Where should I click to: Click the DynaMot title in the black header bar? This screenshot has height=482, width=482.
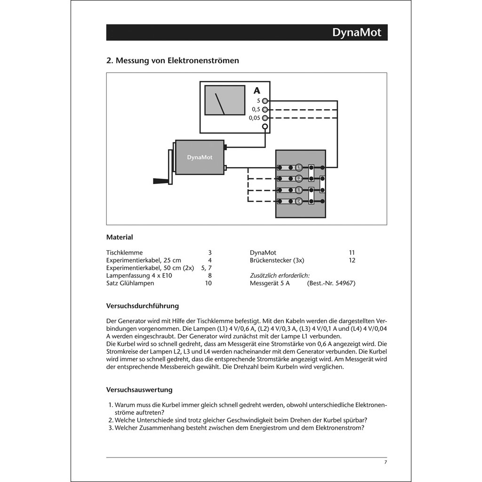coord(356,32)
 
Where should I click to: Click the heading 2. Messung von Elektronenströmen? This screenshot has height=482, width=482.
coord(172,61)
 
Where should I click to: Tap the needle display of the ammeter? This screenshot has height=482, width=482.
coord(225,100)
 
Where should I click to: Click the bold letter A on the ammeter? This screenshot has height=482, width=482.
coord(257,91)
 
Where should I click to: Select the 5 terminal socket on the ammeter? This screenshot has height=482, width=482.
coord(265,101)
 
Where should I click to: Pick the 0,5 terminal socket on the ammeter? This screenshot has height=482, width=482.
coord(265,109)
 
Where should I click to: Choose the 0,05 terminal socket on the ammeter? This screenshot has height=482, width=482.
coord(265,118)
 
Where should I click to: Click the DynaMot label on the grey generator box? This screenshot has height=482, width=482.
coord(200,157)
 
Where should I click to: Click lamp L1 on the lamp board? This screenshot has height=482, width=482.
coord(298,168)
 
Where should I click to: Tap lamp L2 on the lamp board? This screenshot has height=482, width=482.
coord(298,179)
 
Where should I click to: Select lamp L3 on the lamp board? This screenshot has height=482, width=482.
coord(298,190)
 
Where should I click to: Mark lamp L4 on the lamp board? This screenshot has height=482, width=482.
coord(298,201)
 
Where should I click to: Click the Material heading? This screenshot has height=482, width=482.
coord(120,237)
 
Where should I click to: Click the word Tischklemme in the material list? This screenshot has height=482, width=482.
coord(124,253)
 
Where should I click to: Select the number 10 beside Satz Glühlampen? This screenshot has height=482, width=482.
coord(208,283)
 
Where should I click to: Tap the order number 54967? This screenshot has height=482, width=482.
coord(345,283)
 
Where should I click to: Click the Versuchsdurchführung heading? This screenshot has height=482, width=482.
coord(143,306)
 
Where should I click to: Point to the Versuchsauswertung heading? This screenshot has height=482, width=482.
coord(139,390)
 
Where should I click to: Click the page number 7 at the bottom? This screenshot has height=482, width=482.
coord(385,462)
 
